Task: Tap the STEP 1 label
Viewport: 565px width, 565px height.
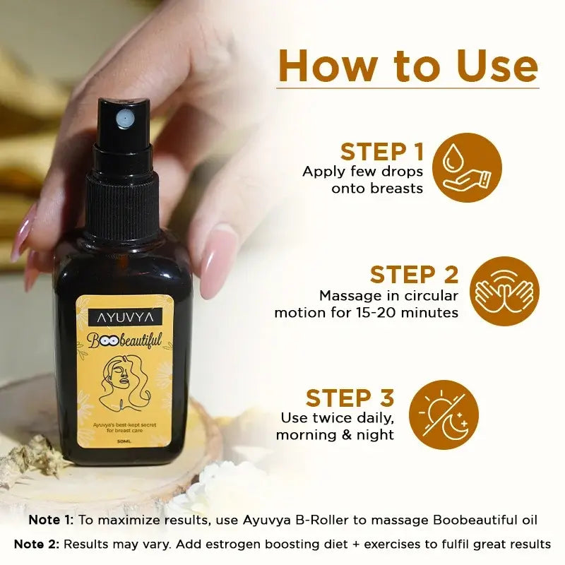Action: point(382,152)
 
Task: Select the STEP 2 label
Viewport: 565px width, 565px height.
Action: point(413,274)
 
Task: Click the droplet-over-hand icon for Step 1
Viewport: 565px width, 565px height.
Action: point(467,168)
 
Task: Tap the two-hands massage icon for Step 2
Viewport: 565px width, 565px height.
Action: point(505,291)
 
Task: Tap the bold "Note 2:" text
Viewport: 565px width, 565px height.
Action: point(37,544)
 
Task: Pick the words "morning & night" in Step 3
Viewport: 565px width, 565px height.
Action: point(335,434)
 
